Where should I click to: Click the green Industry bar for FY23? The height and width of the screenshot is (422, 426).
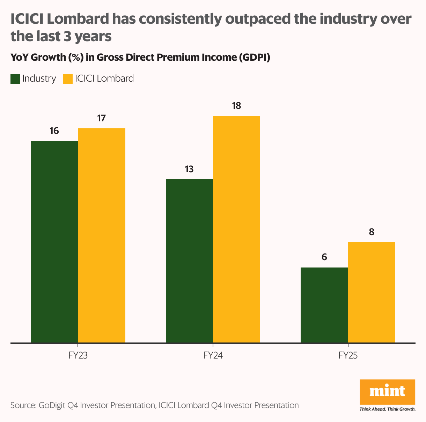(x=54, y=242)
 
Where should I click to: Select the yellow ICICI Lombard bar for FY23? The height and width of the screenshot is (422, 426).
(x=102, y=235)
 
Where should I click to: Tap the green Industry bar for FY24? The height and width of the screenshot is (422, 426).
(x=189, y=261)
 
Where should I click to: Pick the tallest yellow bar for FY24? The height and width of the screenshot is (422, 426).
(x=236, y=229)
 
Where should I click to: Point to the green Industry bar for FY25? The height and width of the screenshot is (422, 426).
(x=324, y=305)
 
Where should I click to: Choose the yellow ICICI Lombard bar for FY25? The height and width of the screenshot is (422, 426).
(x=372, y=292)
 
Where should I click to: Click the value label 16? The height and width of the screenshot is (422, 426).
(x=54, y=131)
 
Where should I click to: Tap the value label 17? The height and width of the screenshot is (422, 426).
(x=101, y=118)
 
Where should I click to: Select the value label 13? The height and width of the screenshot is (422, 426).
(x=189, y=169)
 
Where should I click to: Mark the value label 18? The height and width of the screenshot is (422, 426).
(x=236, y=106)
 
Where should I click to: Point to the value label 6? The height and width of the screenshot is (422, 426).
(x=324, y=257)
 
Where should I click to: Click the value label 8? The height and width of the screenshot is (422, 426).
(x=372, y=232)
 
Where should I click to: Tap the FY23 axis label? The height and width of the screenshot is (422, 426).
(x=78, y=356)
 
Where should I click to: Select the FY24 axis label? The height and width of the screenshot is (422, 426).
(x=213, y=356)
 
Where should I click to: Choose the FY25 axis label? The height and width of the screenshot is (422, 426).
(x=348, y=356)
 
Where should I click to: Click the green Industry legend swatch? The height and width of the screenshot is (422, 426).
(x=15, y=79)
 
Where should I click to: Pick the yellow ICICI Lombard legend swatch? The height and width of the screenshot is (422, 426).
(x=67, y=79)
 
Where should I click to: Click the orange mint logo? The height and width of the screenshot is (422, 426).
(x=387, y=392)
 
